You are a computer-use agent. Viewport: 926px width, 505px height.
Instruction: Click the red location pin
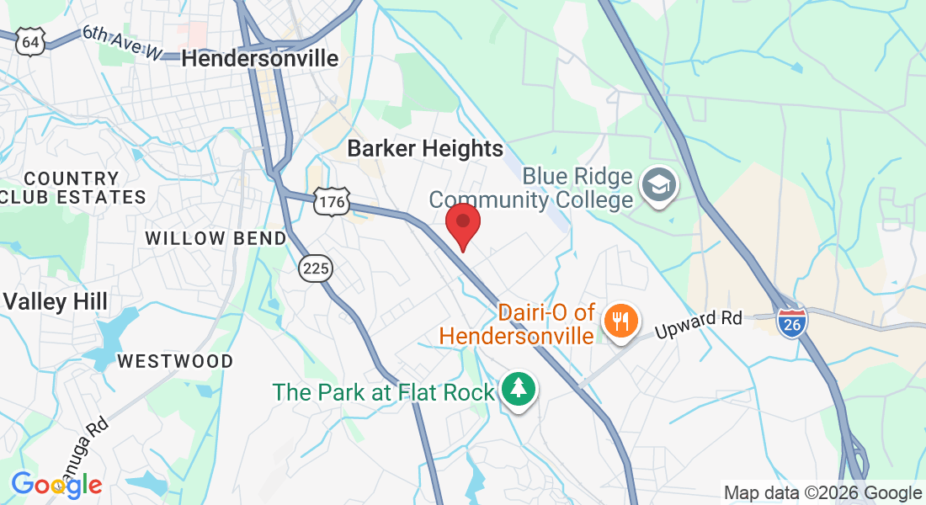[462, 223]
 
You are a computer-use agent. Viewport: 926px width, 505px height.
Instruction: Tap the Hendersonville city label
[260, 58]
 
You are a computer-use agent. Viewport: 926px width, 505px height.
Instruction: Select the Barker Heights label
[425, 149]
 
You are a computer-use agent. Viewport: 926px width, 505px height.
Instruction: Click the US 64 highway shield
[31, 41]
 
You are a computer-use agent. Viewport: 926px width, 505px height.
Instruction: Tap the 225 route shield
[316, 268]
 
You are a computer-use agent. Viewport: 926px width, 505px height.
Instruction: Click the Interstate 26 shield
[792, 322]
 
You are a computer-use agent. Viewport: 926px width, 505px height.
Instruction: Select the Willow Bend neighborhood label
[216, 238]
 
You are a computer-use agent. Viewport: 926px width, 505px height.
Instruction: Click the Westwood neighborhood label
[175, 361]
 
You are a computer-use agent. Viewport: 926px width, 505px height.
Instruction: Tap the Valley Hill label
[55, 301]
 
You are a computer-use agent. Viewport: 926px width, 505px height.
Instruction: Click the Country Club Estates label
[72, 188]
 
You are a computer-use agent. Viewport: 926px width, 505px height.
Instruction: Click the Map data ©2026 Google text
[822, 493]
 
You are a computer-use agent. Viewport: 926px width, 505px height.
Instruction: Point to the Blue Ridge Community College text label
[530, 189]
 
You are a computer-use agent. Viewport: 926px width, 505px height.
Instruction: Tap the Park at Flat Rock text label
[384, 392]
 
